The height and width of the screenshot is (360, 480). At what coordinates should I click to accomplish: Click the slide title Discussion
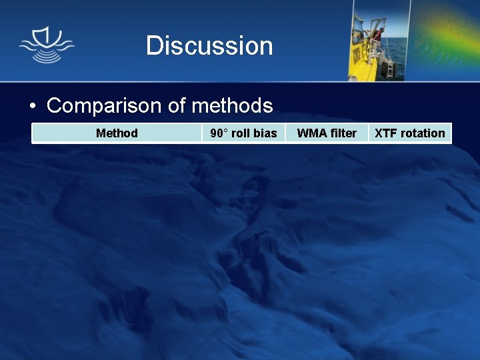pyautogui.click(x=209, y=45)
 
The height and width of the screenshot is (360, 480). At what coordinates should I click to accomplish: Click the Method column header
pyautogui.click(x=117, y=133)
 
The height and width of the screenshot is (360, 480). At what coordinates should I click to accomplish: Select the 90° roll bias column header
pyautogui.click(x=243, y=133)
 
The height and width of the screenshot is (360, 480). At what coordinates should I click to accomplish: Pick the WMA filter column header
pyautogui.click(x=327, y=133)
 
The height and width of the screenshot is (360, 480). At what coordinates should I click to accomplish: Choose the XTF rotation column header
pyautogui.click(x=409, y=133)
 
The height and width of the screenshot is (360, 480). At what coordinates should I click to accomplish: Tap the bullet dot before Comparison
pyautogui.click(x=32, y=107)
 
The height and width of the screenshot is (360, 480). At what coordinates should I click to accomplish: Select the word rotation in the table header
pyautogui.click(x=423, y=133)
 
